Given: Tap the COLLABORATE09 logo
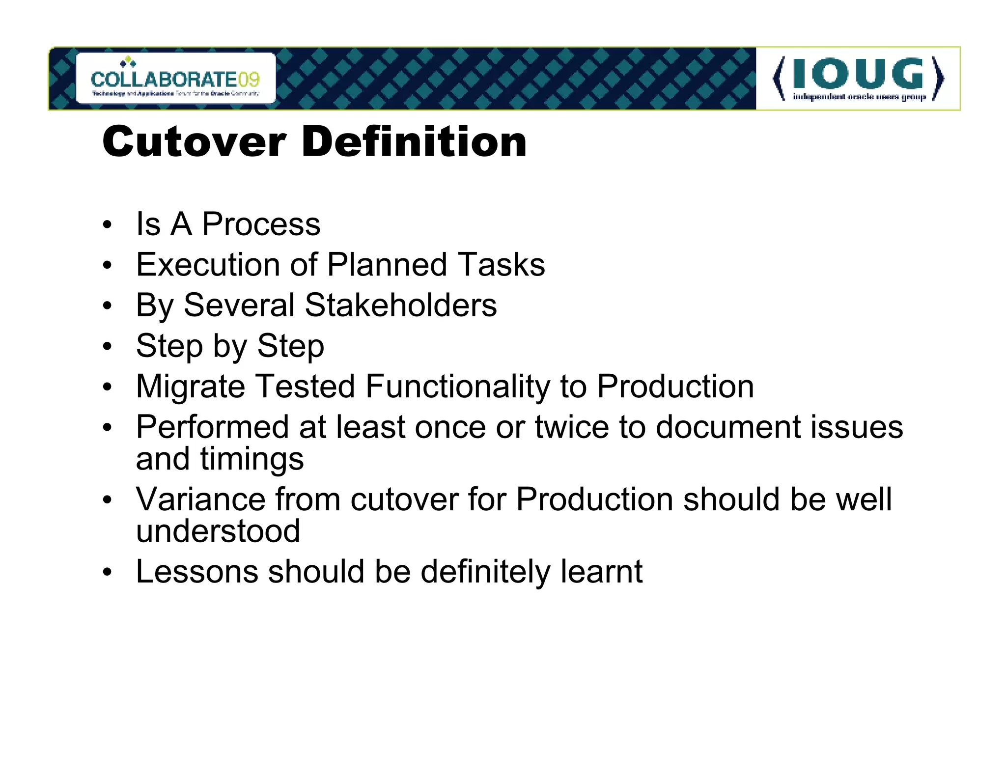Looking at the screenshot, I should tap(175, 79).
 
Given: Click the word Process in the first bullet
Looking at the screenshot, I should tap(261, 224).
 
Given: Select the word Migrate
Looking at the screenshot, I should tap(190, 387).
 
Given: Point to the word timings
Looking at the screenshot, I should tap(251, 459).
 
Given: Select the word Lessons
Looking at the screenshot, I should tap(197, 572).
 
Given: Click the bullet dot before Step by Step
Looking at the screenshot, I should tap(107, 346).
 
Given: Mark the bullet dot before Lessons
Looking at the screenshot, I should tap(107, 572).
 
